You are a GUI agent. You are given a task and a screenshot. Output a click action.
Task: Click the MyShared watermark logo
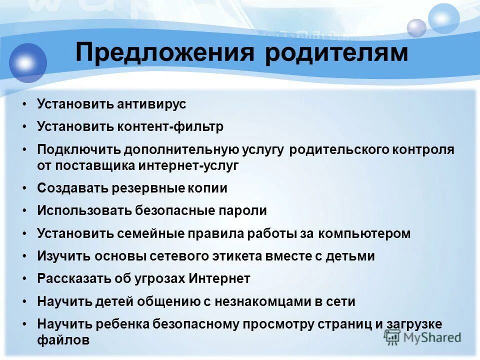coord(422,336)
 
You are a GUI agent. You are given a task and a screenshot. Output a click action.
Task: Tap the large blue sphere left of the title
coord(27,63)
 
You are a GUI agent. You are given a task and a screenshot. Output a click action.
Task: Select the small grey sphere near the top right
coord(416,28)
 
